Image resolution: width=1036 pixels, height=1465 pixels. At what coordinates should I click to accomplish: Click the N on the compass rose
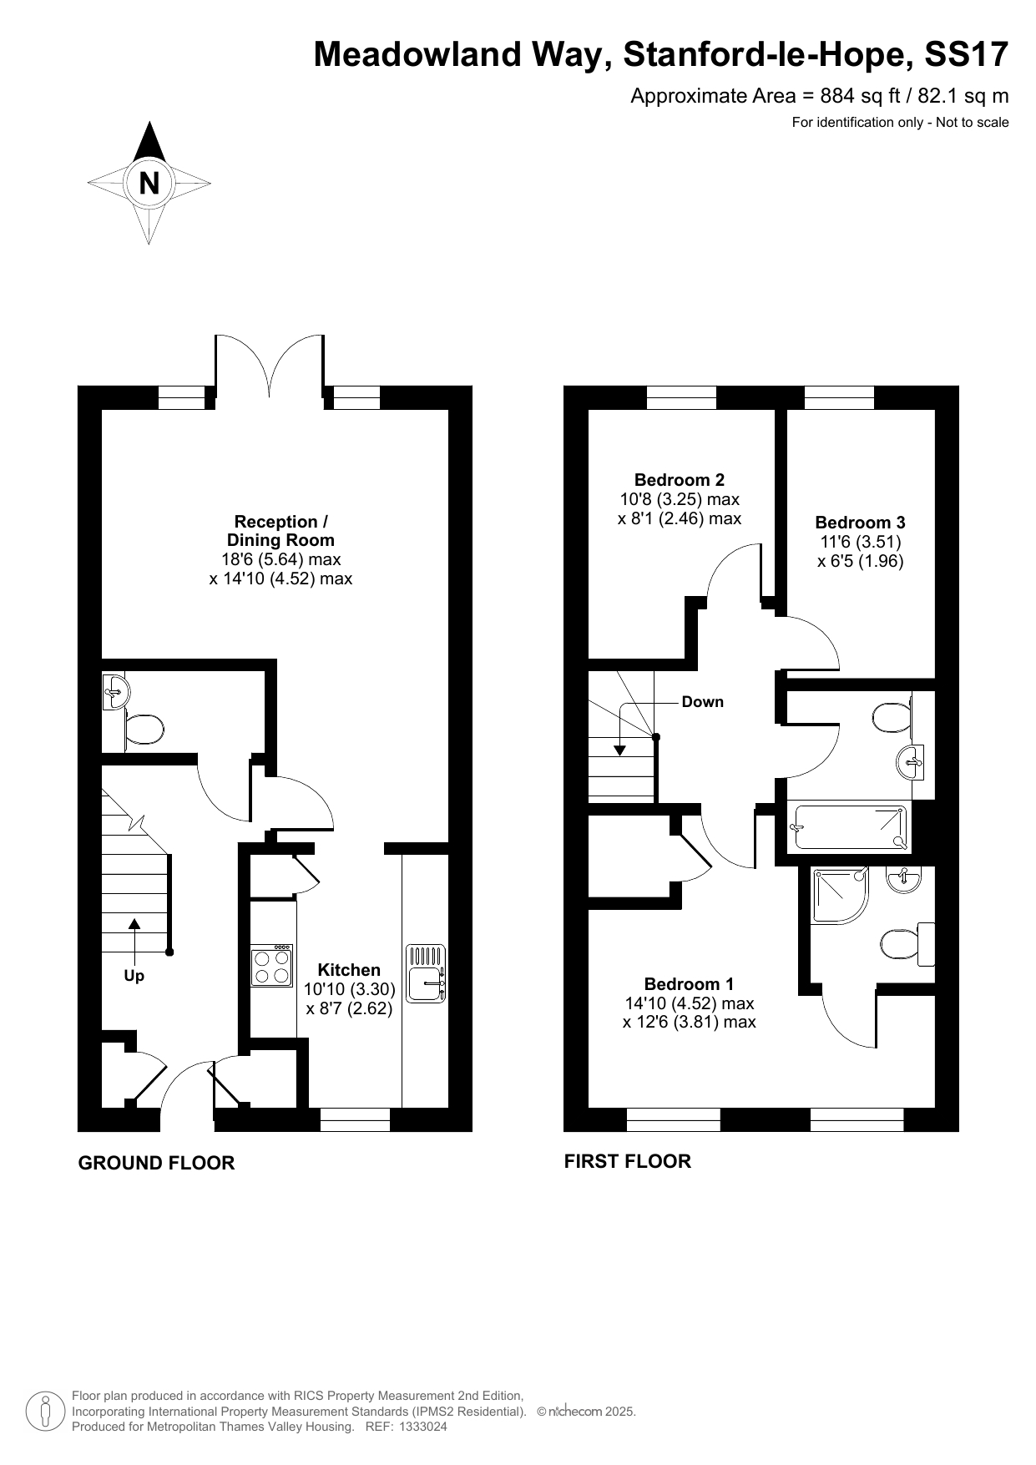(x=149, y=183)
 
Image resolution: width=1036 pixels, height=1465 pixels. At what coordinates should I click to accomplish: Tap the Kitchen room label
(x=349, y=970)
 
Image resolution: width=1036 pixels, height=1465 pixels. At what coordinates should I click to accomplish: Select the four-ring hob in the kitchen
(x=272, y=966)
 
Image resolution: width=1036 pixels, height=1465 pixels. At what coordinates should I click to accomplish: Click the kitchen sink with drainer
(x=427, y=972)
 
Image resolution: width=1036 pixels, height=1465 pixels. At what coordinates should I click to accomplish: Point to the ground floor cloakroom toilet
(x=144, y=729)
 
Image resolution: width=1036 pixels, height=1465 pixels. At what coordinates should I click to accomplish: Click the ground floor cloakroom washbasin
(x=115, y=691)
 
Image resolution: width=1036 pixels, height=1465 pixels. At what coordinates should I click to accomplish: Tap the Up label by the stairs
(x=134, y=976)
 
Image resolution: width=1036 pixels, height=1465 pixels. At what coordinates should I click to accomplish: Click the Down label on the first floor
(x=703, y=702)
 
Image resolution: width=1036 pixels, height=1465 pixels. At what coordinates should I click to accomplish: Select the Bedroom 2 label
(x=680, y=480)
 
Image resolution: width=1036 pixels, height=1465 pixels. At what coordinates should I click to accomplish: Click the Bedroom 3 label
(x=860, y=523)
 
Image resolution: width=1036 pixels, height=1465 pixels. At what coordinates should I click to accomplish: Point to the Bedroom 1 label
(x=689, y=984)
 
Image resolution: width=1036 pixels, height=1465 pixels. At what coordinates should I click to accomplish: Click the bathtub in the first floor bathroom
(x=849, y=828)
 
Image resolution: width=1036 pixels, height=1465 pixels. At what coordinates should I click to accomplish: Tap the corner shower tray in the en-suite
(x=840, y=896)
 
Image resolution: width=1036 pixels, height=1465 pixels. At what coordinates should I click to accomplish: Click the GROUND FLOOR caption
(x=156, y=1163)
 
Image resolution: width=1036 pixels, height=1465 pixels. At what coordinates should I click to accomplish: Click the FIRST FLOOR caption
(x=628, y=1161)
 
